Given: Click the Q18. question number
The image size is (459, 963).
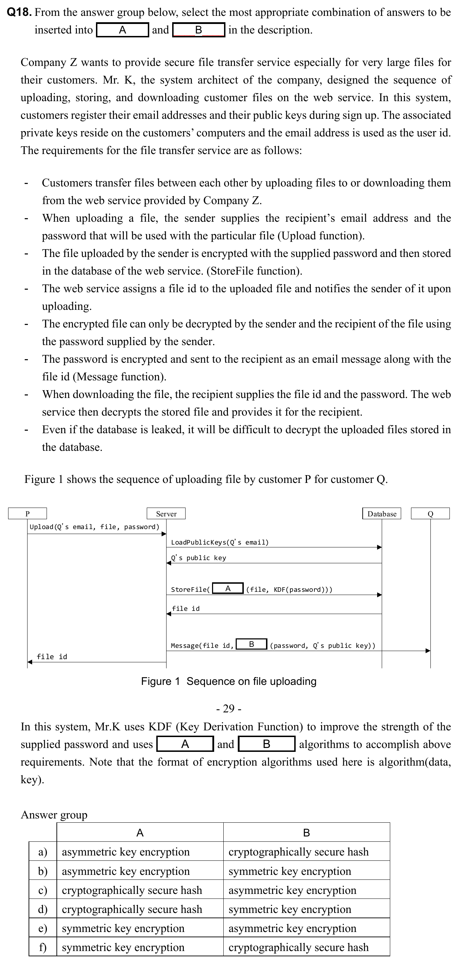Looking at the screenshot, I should pos(19,12).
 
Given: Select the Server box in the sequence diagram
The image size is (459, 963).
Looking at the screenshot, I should pos(166,514).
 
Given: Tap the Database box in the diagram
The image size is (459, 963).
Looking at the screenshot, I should pos(382,514).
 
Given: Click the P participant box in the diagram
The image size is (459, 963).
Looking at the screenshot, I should pos(27,514).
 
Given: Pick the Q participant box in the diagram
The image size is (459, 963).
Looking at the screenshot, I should pos(430,514).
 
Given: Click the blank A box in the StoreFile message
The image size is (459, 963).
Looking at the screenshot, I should pos(228,589).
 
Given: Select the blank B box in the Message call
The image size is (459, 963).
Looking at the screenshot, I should pos(252,644).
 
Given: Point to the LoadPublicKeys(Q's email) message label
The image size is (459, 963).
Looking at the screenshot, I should pos(219,542).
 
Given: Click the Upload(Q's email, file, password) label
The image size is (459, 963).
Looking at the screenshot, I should pos(94,527).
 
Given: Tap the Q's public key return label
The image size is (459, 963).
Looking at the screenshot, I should pos(198,558).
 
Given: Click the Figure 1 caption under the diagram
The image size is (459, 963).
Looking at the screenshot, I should pos(229,681).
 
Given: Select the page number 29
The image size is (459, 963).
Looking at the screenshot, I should pos(229,709).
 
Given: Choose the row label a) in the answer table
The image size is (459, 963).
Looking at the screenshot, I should pos(43,852).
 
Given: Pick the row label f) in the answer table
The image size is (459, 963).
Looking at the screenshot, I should pos(43,947).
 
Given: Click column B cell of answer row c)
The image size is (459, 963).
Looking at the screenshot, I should pos(292,890).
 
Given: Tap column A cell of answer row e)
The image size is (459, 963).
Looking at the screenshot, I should pos(123,928).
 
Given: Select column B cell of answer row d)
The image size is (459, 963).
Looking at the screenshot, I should pos(290,909).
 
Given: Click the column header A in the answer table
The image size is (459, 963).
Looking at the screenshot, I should pos(140,833).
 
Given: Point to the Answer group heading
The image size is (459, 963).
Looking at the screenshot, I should pos(54,815).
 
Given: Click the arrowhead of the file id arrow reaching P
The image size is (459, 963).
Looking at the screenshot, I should pos(30,662).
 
